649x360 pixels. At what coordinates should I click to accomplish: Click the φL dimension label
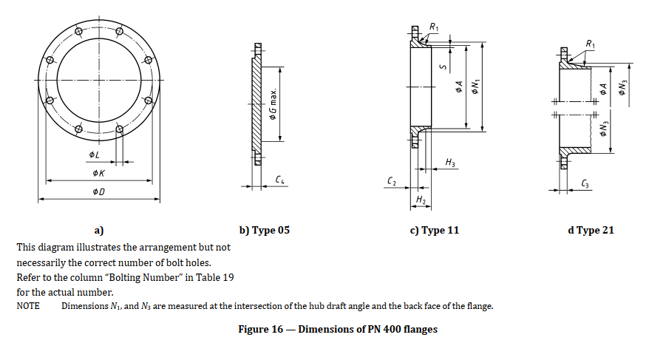pyautogui.click(x=93, y=154)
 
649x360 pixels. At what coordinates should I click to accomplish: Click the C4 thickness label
pyautogui.click(x=280, y=180)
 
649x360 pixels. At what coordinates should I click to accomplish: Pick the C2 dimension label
pyautogui.click(x=392, y=180)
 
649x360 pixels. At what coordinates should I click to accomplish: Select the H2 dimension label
pyautogui.click(x=421, y=200)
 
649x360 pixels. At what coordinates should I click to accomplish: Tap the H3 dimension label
pyautogui.click(x=450, y=162)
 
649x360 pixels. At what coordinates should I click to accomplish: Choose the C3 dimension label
pyautogui.click(x=585, y=183)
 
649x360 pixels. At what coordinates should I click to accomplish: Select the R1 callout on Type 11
pyautogui.click(x=434, y=28)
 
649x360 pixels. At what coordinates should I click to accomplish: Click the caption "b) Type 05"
pyautogui.click(x=264, y=230)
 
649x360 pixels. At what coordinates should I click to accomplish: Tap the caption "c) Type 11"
pyautogui.click(x=435, y=230)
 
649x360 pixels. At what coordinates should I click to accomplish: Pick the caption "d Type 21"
pyautogui.click(x=591, y=230)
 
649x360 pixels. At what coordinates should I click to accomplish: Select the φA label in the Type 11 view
pyautogui.click(x=460, y=86)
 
